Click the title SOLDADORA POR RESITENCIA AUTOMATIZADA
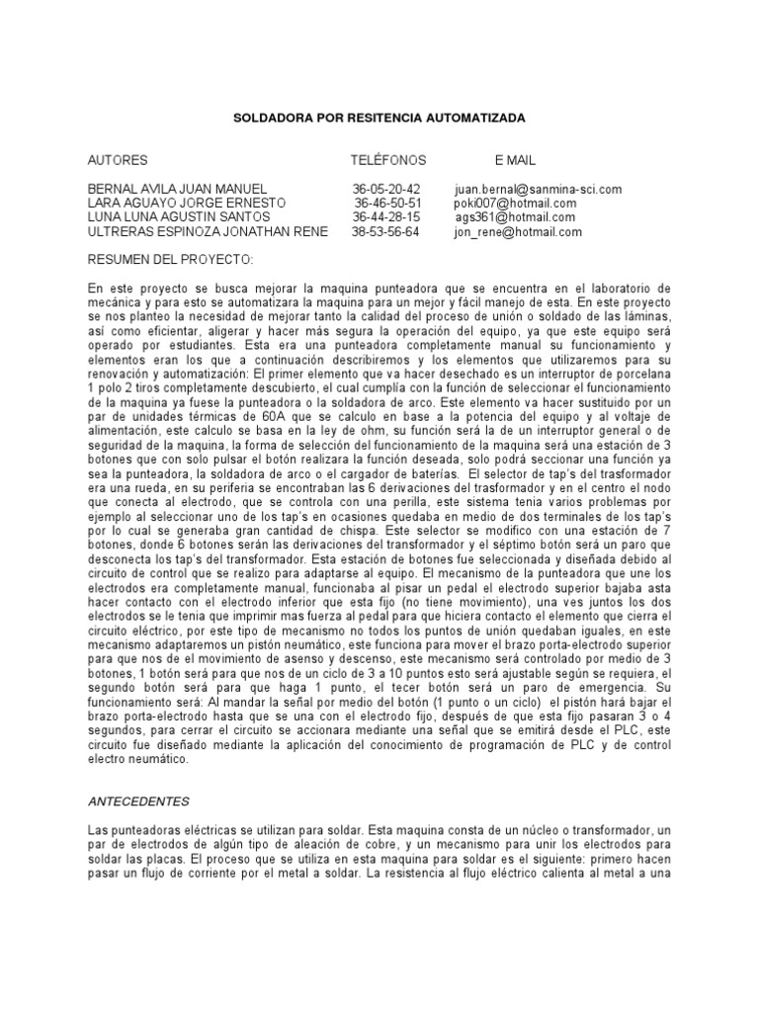coord(379,118)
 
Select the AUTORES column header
coord(118,160)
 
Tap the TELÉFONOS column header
coord(388,160)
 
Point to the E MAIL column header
coord(516,160)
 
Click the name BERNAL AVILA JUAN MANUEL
coord(178,189)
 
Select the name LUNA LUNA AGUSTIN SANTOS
coord(179,217)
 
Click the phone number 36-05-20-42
coord(385,189)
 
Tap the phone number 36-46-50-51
coord(387,204)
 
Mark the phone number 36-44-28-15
coord(385,217)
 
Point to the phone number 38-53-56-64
coord(385,232)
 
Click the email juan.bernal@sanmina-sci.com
coord(539,189)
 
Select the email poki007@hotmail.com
coord(515,204)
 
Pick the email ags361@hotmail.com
coord(516,217)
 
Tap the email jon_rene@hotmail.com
coord(518,232)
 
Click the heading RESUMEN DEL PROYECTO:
coord(170,260)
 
